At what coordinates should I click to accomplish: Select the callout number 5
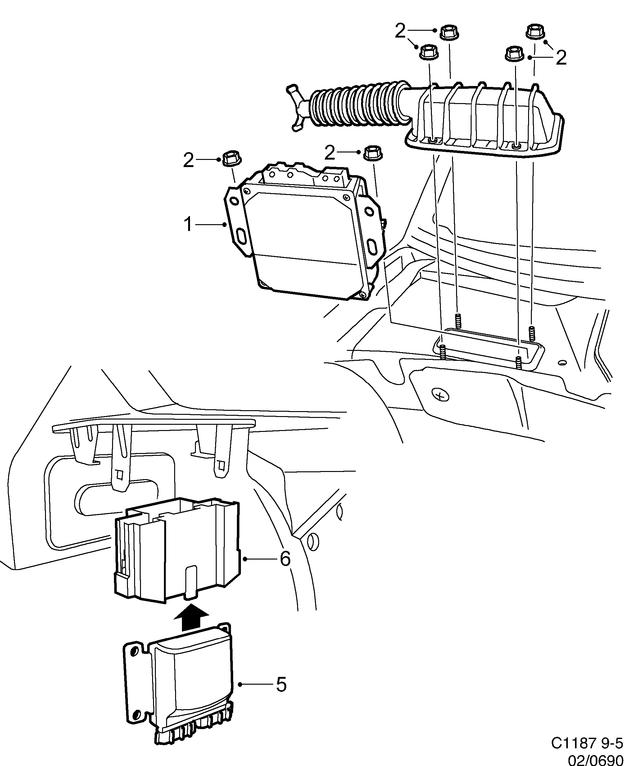(281, 684)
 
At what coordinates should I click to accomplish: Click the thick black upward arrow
(191, 617)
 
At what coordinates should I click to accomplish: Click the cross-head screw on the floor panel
(441, 395)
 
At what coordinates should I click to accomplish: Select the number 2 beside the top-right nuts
(560, 58)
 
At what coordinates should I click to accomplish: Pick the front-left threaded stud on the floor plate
(443, 352)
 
